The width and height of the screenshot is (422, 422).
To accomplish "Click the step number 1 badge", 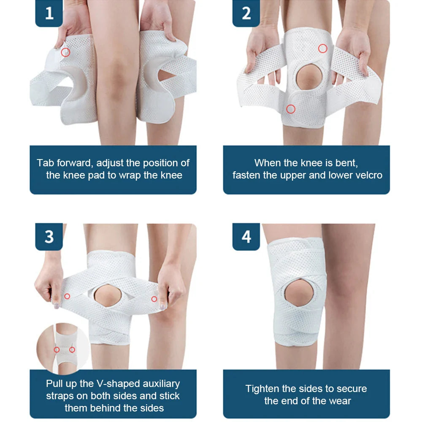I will point(49,13).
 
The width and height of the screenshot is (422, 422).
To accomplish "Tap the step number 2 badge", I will point(246,13).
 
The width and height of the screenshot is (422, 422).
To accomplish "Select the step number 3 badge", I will point(49,237).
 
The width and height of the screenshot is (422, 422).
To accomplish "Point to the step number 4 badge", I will point(246,237).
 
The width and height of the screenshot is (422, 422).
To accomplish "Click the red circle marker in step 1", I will point(65,52).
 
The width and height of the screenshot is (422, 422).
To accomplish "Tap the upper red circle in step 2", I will point(322,49).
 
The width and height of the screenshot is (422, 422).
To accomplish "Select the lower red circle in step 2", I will point(290,109).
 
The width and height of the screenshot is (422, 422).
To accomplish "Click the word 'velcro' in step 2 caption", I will point(367,175).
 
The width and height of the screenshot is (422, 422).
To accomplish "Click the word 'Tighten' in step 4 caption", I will point(262,389).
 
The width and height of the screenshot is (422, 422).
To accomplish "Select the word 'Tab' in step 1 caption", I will point(45,163).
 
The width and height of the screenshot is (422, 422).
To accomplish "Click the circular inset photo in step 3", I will point(63,348).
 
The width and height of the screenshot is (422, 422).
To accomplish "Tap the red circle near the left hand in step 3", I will point(67,296).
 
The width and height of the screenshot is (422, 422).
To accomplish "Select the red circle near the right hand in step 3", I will point(154,299).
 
